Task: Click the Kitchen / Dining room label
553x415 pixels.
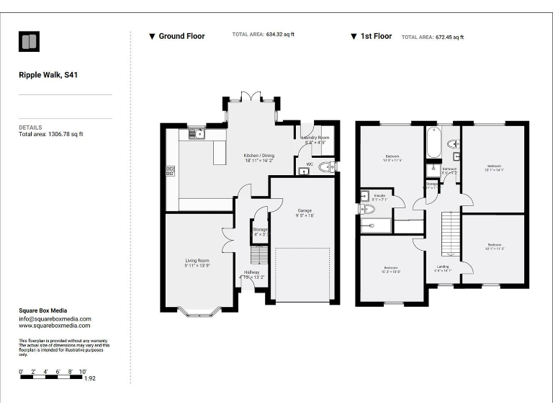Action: point(258,156)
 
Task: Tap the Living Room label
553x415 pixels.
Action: point(197,261)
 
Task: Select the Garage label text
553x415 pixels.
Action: point(305,210)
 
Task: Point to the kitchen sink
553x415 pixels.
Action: point(197,133)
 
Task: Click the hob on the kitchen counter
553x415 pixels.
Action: point(170,171)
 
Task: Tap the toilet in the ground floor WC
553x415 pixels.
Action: point(325,169)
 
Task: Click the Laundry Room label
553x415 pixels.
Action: point(315,137)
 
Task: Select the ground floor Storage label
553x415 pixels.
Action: point(260,230)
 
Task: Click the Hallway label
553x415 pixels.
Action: point(251,272)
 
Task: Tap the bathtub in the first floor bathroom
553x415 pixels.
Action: point(433,142)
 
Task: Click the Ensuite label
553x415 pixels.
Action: point(379,195)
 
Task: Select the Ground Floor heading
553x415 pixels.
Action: point(181,36)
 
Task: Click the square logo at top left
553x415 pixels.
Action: point(30,42)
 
